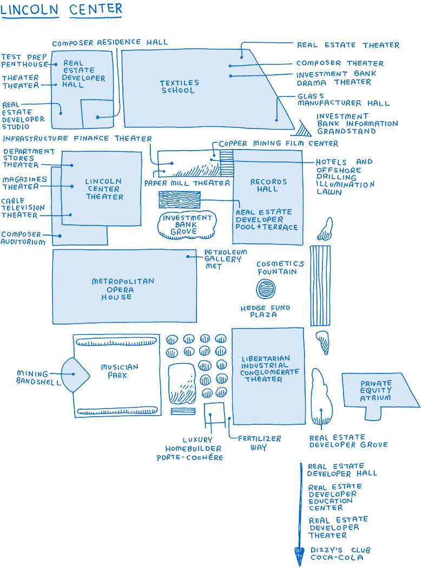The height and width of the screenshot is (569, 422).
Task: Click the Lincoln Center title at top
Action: tap(61, 9)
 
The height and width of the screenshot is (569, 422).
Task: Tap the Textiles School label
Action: tap(179, 87)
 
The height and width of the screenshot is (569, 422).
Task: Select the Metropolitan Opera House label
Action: tap(123, 289)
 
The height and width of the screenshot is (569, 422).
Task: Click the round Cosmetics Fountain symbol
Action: tap(265, 288)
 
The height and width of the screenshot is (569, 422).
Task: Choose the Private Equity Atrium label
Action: tap(376, 390)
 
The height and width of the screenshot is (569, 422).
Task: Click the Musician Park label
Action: tap(120, 371)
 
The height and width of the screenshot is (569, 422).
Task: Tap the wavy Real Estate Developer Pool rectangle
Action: tap(179, 201)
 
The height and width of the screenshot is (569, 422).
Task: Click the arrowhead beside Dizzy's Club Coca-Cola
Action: tap(299, 556)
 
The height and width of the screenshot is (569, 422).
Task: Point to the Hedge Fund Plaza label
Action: tap(266, 311)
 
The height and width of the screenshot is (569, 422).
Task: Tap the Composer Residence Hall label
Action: tap(110, 42)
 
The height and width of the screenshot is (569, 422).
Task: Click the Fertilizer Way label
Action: tap(259, 443)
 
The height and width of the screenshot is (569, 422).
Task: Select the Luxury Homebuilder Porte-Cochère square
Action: tap(214, 415)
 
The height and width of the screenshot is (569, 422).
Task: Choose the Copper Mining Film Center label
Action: tap(278, 144)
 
